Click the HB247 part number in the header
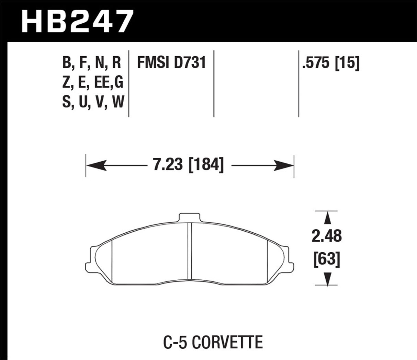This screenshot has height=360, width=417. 77,21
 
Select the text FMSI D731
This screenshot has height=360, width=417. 171,63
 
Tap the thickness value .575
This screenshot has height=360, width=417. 315,63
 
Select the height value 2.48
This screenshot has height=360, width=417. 327,236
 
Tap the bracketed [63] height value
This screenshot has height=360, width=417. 327,259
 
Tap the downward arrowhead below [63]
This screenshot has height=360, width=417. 328,277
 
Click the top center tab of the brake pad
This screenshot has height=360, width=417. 189,217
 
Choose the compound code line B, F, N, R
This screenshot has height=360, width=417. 92,63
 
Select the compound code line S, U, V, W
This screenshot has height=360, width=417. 93,102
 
